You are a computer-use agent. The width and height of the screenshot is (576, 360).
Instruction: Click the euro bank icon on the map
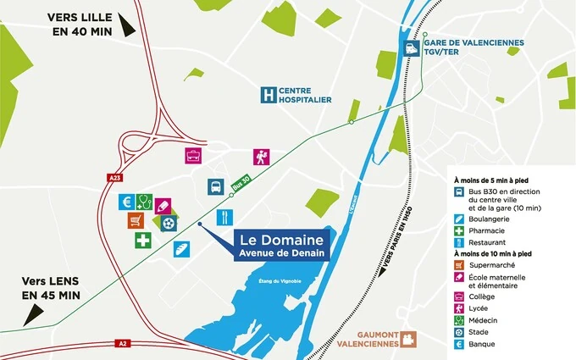coord(127,202)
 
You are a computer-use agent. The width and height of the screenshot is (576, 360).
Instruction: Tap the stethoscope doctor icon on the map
coord(144,202)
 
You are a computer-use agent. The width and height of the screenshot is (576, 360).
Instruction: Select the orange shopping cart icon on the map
coord(136,220)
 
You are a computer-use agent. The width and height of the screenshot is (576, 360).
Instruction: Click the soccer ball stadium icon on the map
coord(169,223)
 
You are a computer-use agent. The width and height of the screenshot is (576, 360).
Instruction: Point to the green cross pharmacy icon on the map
coord(143,241)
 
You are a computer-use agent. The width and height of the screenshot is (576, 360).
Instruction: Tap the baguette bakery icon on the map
coord(181,248)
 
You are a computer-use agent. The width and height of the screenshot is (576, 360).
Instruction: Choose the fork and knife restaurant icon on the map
coord(224,217)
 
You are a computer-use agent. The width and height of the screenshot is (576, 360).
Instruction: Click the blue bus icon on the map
coord(215,187)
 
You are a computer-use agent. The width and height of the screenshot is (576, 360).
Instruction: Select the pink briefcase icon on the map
coord(194,156)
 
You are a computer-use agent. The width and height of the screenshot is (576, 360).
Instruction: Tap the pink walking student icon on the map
coord(261,157)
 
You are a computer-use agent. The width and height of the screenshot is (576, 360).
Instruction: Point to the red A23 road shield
coord(115,177)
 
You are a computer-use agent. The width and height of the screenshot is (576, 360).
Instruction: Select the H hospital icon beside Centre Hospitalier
coord(269,95)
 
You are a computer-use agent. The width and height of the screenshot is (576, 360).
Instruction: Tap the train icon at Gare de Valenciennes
coord(413,49)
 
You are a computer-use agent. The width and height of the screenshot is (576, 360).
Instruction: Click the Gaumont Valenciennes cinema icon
coord(410,340)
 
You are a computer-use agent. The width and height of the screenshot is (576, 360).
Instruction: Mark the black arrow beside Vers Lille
coord(127,25)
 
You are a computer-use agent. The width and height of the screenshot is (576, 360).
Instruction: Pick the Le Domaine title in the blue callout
coord(280,238)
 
